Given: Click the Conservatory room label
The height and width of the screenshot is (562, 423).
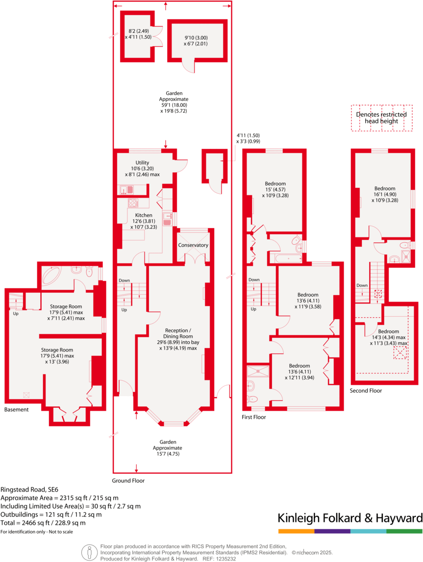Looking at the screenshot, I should click(193, 245).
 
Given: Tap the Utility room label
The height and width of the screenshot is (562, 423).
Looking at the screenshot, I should click(143, 163).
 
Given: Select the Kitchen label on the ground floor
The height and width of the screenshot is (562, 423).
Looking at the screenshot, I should click(144, 215).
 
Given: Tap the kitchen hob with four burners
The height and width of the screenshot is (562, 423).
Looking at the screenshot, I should click(133, 202).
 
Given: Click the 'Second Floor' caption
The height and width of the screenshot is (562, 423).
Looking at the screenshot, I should click(365, 391).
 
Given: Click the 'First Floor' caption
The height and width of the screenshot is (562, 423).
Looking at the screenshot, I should click(254, 417).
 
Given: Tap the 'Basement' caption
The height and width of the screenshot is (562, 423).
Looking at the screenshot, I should click(16, 409).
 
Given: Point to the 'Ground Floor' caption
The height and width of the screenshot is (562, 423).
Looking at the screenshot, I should click(128, 481).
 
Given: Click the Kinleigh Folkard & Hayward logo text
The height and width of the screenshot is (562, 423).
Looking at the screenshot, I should click(349, 518).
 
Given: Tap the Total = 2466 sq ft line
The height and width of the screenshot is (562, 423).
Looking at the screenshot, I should click(43, 523).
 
